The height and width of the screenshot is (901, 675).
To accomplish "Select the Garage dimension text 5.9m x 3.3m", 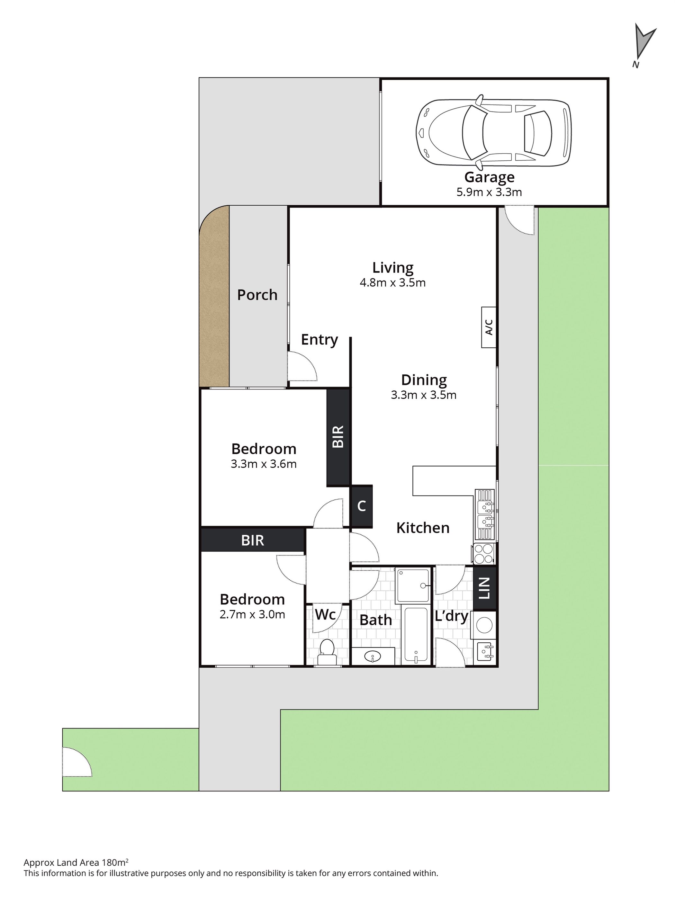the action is click(x=489, y=192).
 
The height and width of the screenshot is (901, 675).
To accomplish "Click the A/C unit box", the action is click(x=489, y=327).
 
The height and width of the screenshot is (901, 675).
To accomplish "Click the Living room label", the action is click(x=393, y=268).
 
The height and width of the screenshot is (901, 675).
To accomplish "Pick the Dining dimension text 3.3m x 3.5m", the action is click(x=424, y=395).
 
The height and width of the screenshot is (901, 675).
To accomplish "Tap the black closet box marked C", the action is click(x=361, y=506).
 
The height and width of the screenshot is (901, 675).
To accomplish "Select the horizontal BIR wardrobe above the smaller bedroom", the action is click(x=253, y=540).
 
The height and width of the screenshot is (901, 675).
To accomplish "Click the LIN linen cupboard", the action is click(x=484, y=588).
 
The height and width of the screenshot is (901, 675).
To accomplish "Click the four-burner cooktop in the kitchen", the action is click(x=483, y=553).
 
